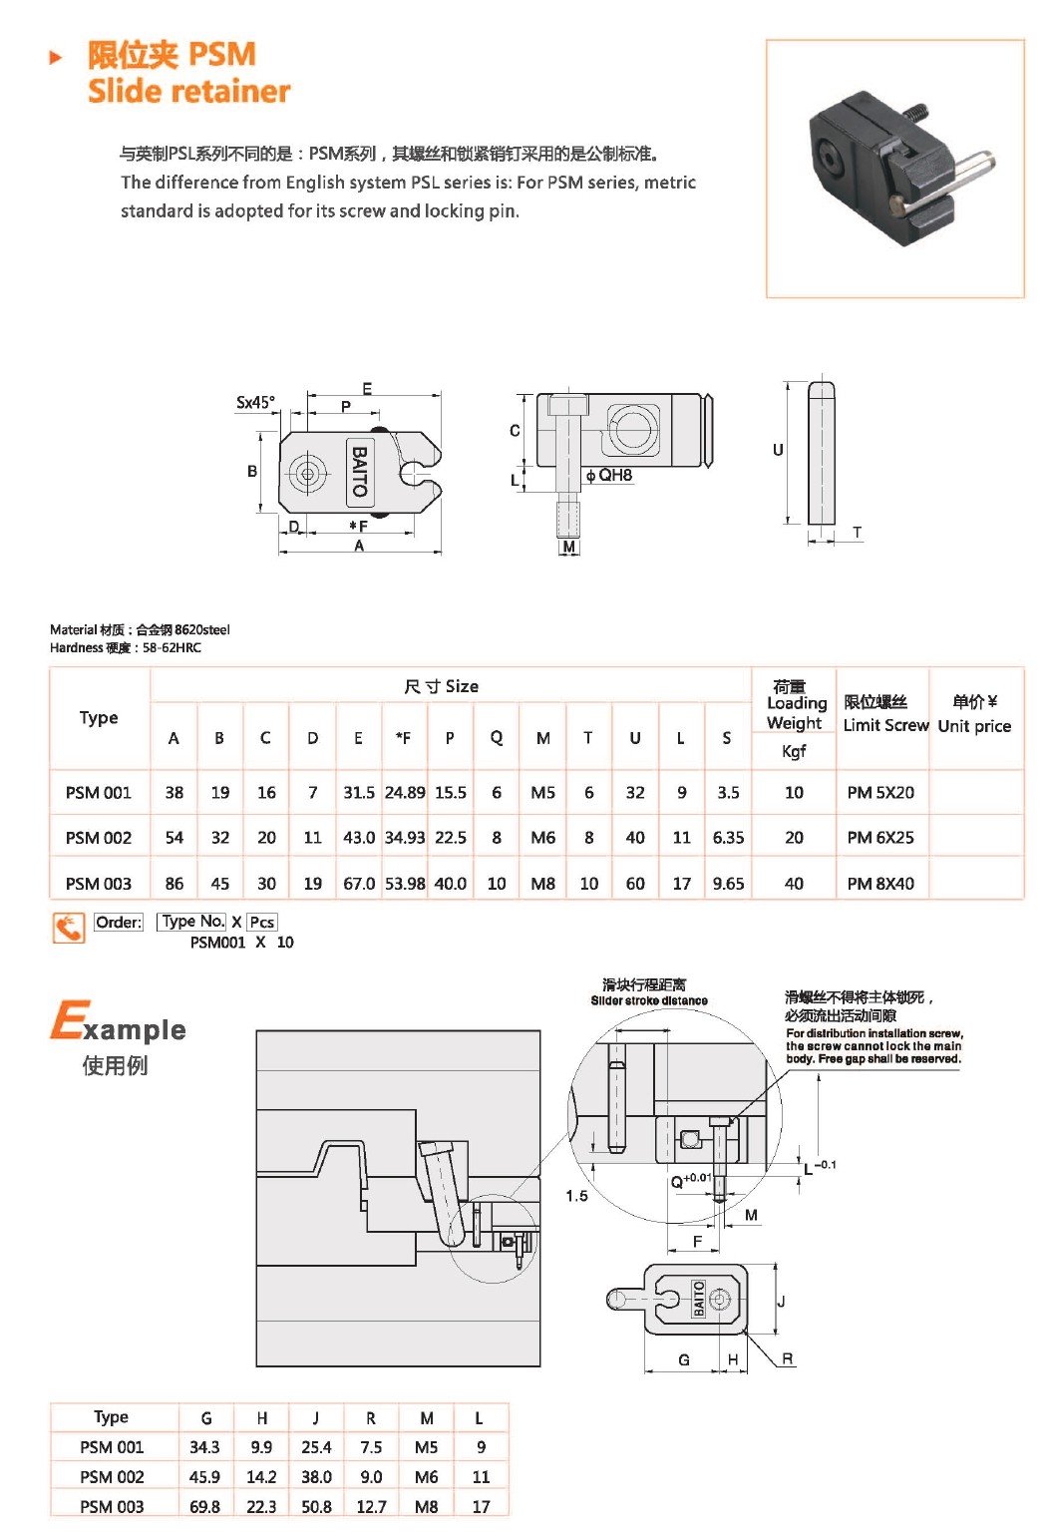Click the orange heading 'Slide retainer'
[x=188, y=91]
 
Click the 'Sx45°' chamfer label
[x=255, y=402]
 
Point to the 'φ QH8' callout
[x=609, y=475]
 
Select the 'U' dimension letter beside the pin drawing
[x=778, y=450]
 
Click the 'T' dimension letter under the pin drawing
[x=857, y=533]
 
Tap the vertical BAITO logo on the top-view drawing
[x=359, y=471]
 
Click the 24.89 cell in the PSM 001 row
[x=404, y=792]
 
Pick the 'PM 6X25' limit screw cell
[x=880, y=837]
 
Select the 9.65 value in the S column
[x=728, y=883]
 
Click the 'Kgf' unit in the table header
[x=794, y=750]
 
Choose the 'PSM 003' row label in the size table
[x=98, y=883]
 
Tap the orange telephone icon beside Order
[x=69, y=928]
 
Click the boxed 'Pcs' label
[x=262, y=922]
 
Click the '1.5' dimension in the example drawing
[x=576, y=1195]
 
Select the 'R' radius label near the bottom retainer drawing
[x=788, y=1357]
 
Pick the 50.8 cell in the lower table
[x=316, y=1506]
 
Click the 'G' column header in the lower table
[x=206, y=1417]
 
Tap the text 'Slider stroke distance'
[x=649, y=999]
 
